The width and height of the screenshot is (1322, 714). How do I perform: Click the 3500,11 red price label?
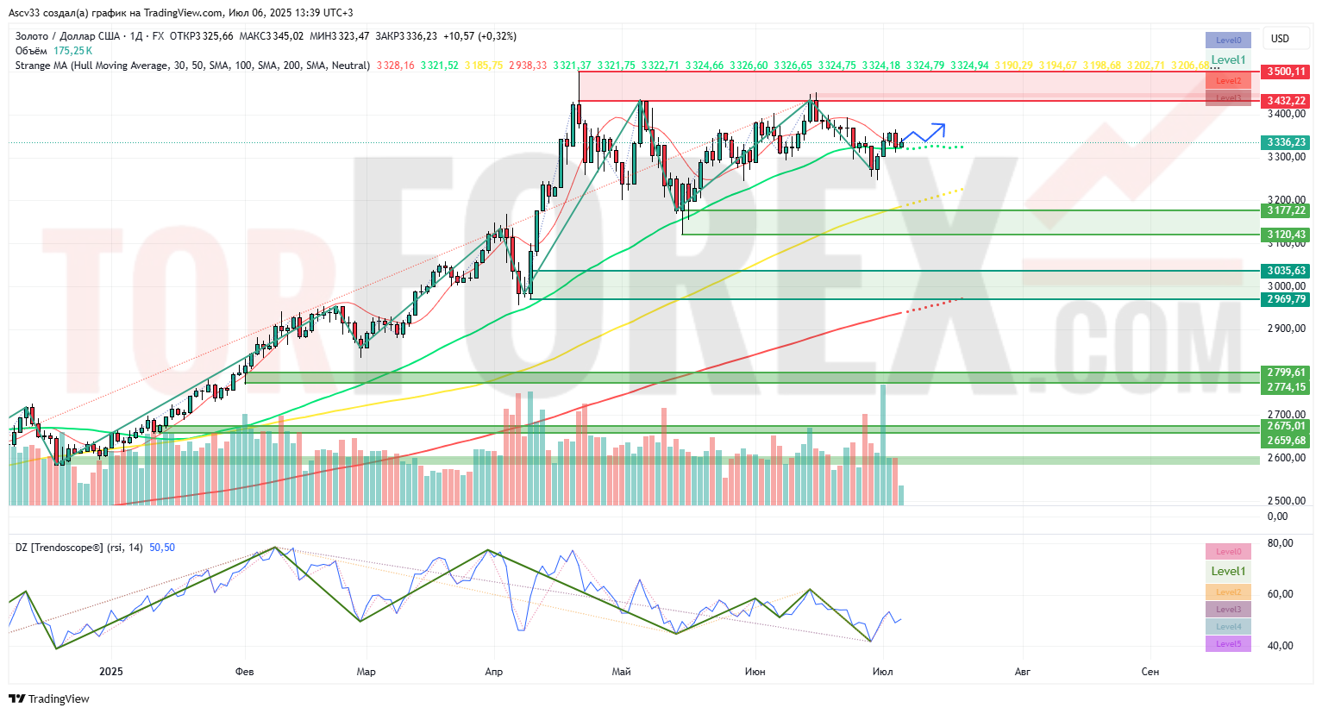coord(1286,72)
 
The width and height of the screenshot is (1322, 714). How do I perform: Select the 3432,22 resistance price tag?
coord(1286,101)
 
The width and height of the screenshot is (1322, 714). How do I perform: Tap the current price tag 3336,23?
coord(1286,142)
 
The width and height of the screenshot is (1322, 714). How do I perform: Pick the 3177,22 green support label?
coord(1286,210)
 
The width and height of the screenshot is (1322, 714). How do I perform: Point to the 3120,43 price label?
coord(1286,235)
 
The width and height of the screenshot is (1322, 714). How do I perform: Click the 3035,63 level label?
coord(1286,271)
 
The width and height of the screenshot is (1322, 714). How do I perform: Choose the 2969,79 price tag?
coord(1286,299)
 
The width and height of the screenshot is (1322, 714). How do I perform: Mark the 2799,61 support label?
coord(1286,373)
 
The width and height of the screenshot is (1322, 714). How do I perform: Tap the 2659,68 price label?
coord(1286,441)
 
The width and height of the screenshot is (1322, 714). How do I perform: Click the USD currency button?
coord(1280,39)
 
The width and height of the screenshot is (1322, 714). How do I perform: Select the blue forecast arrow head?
coord(941,128)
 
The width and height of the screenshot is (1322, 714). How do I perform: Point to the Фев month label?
coord(245,672)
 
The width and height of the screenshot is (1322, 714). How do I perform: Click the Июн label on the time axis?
coord(755,672)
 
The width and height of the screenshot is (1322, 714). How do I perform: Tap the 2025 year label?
coord(111,672)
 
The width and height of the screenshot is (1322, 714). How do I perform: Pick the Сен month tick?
coord(1150,672)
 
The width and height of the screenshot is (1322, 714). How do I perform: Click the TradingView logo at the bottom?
coord(50,698)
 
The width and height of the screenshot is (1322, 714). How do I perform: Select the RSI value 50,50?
coord(162,548)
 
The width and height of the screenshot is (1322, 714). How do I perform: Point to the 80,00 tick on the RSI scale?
coord(1280,543)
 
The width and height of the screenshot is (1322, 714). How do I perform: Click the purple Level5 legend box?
coord(1228,644)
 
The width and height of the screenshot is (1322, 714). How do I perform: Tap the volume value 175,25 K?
coord(72,51)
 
